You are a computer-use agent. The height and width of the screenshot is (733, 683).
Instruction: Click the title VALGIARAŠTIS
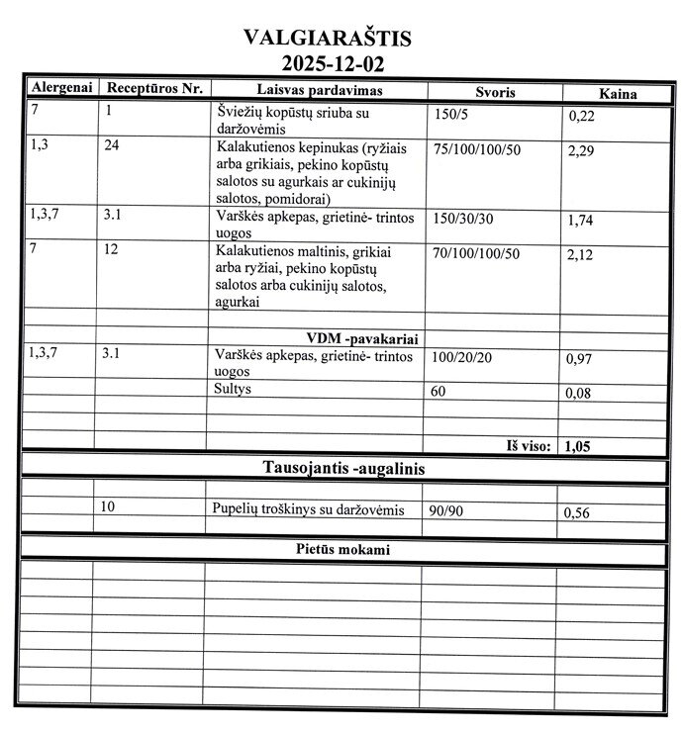tap(327, 39)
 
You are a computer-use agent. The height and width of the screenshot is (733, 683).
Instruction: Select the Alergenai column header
tap(60, 88)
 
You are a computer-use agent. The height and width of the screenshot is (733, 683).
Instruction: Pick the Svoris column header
tap(494, 91)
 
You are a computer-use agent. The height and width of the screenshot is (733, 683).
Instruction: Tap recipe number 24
tap(113, 145)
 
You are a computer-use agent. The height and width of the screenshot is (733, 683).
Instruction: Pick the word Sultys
tap(234, 390)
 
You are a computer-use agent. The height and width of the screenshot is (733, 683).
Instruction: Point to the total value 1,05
tap(577, 446)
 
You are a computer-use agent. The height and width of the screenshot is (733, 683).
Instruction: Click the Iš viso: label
tap(528, 445)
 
